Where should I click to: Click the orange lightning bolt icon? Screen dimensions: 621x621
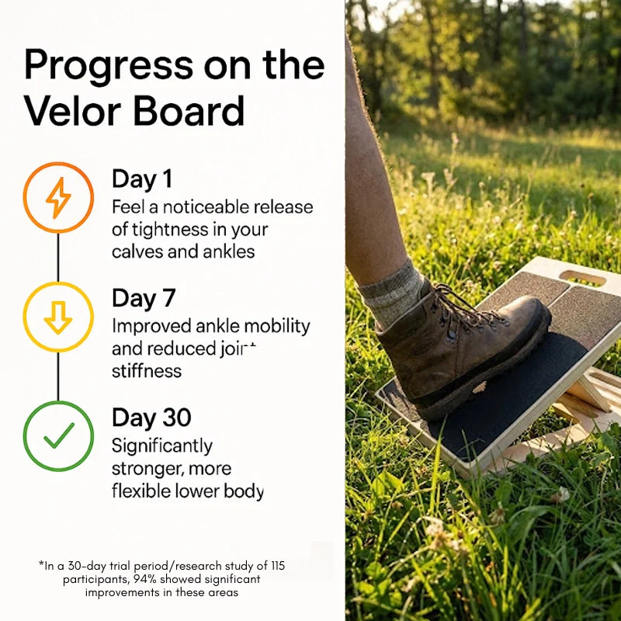coord(58,197)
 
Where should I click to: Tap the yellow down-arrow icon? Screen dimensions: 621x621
coord(58,317)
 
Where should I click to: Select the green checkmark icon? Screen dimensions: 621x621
coord(58,435)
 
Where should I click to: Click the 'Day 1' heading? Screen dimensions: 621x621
coord(142,179)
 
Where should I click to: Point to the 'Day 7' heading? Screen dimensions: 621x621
coord(144,298)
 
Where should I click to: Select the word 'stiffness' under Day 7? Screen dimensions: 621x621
coord(147,371)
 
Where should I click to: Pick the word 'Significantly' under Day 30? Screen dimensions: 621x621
coord(161,446)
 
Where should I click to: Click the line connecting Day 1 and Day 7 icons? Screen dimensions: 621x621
coord(58,257)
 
